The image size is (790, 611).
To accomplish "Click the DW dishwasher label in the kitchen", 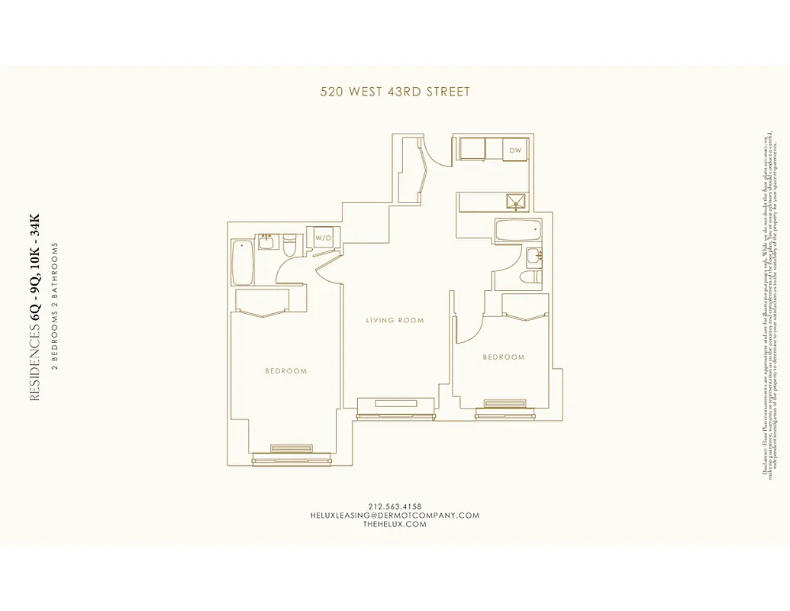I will point(516,150).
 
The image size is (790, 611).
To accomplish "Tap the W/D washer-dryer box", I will point(323,238).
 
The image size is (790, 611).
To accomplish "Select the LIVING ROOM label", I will point(395,320).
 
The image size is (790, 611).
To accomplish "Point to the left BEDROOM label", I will point(286,371).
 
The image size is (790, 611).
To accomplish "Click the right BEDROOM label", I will point(504,357).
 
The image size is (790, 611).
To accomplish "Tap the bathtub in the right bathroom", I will point(518,231).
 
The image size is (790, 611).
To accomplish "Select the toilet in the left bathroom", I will point(290,246).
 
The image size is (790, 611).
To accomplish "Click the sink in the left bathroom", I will point(266,242).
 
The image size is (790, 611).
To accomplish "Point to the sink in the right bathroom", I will point(534,255).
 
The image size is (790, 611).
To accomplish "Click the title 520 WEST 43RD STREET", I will point(395,92).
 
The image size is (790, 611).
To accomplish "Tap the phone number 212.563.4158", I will point(395,506).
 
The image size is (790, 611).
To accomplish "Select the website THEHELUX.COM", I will point(395,525).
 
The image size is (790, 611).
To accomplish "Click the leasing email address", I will point(395,516).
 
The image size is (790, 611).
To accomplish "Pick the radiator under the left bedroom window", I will point(292,448).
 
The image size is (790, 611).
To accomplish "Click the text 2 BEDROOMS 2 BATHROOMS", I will point(55,305).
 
